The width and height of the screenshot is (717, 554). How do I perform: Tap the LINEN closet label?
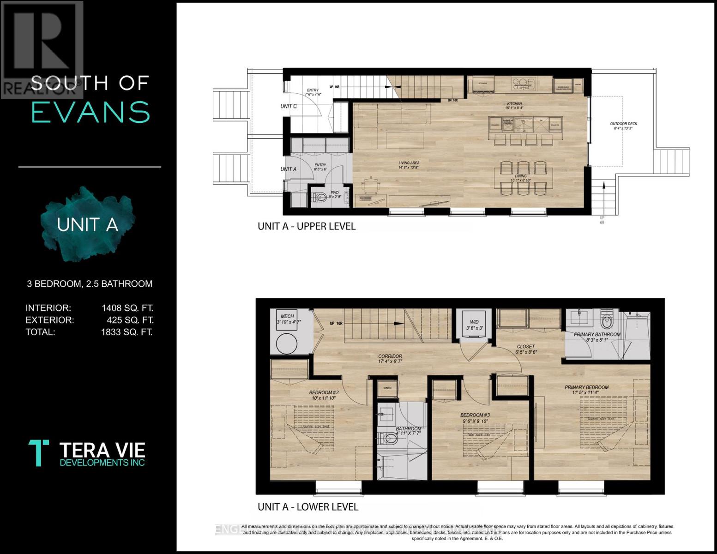point(387,388)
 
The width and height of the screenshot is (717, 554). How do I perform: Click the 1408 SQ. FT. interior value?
point(127,308)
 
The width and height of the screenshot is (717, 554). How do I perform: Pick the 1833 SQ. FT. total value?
point(127,332)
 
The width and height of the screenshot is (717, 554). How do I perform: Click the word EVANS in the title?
point(90,112)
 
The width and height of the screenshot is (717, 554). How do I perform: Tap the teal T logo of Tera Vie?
point(39,452)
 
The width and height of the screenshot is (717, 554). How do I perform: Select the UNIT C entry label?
point(289,106)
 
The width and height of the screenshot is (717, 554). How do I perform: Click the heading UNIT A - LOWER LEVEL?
point(308,507)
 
